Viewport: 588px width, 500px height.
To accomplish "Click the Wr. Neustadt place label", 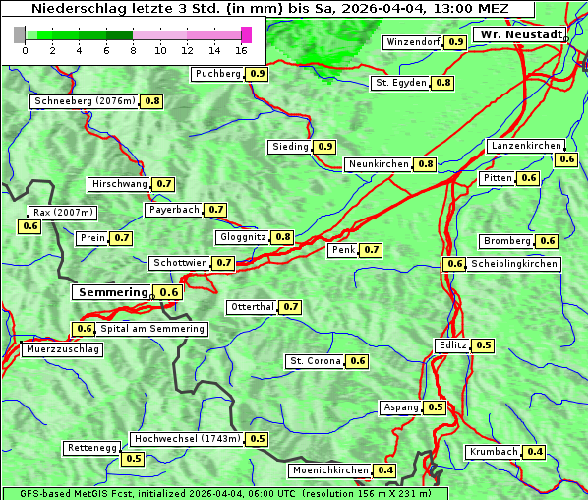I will pos(520,34).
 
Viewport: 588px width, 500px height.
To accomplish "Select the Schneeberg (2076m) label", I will pos(84,101).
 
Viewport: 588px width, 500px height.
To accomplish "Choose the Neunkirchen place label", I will pos(379,164).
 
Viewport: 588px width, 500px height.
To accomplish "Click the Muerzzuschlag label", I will pos(62,349).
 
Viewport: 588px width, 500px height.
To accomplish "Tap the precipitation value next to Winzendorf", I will pos(455,42).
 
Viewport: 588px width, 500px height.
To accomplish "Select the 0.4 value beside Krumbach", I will pos(535,452).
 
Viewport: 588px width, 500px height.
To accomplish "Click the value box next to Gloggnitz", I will pos(283,237).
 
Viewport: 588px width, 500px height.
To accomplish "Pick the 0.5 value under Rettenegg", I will pos(133,459).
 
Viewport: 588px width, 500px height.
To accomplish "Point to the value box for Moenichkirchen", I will pos(385,470).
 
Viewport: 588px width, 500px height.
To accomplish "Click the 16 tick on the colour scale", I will pos(242,49).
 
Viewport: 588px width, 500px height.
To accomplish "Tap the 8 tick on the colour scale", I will pos(133,49).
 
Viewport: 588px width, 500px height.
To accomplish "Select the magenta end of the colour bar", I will pos(246,34).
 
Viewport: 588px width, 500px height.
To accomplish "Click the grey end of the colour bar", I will pos(20,34).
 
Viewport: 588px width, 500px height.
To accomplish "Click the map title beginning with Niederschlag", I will pos(267,9).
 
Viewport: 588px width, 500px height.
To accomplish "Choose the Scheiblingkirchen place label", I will pos(513,264).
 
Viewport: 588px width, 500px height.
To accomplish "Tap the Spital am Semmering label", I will pos(152,329).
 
